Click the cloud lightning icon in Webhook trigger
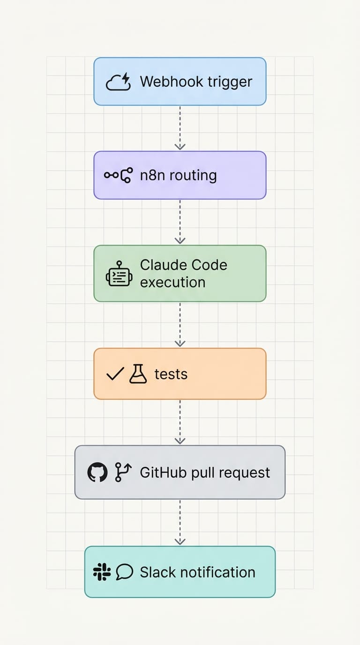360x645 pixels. click(118, 82)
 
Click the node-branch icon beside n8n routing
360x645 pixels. click(118, 175)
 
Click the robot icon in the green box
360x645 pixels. click(119, 274)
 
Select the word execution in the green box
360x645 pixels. click(172, 282)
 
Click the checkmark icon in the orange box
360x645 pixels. click(115, 374)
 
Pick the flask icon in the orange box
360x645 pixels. click(138, 374)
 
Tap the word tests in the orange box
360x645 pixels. click(171, 374)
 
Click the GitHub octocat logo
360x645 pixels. click(97, 472)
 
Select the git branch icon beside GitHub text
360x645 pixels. click(123, 472)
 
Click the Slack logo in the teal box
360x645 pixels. click(101, 572)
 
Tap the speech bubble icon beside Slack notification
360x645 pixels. click(124, 572)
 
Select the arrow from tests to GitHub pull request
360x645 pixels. click(180, 422)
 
